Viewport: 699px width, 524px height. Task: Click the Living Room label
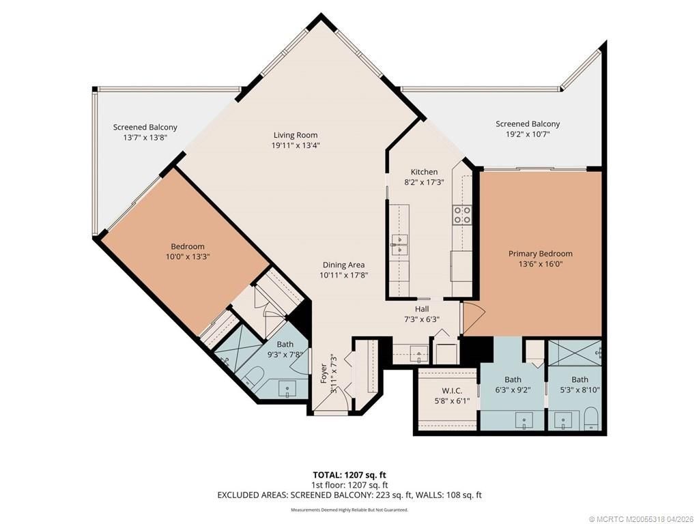point(296,135)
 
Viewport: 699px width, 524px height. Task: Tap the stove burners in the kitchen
point(462,215)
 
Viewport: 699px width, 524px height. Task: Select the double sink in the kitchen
point(400,244)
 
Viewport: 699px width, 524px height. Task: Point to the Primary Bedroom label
point(540,254)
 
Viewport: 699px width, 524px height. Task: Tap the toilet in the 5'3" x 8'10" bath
point(591,418)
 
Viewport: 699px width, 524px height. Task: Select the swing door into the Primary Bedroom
point(472,315)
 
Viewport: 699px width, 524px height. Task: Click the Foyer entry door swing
point(330,407)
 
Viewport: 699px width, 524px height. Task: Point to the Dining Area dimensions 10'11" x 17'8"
point(343,276)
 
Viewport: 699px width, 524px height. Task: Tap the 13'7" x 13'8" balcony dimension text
point(145,137)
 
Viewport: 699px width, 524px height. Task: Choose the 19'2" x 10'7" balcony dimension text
point(527,134)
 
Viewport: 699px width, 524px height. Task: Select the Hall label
point(421,309)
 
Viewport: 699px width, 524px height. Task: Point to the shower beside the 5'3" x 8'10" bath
point(575,353)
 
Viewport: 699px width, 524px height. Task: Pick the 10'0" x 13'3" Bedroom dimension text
point(187,257)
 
